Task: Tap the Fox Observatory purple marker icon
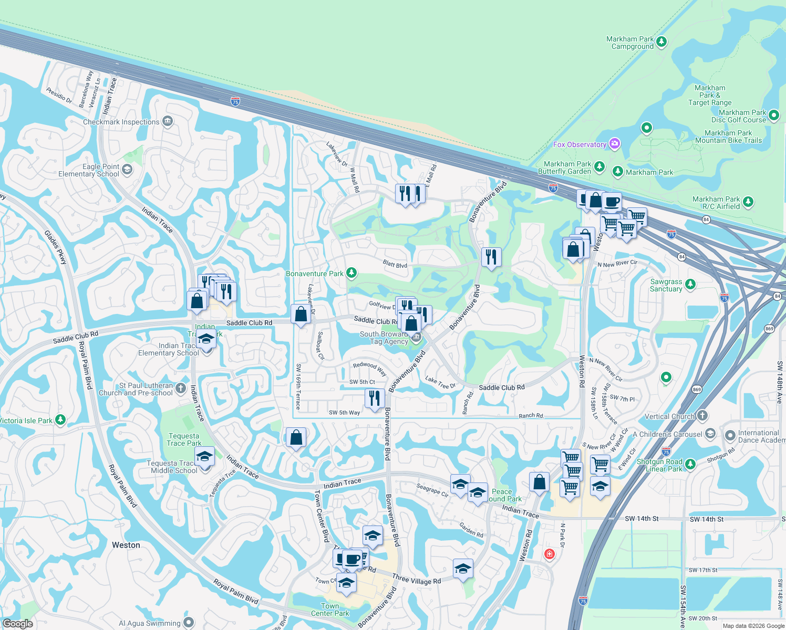coord(615,144)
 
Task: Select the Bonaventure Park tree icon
coord(351,273)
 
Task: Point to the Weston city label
coord(126,545)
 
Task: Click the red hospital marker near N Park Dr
coord(550,554)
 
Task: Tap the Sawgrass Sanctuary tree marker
coord(690,285)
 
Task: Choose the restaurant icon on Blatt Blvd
coord(491,257)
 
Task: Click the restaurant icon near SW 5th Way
coord(374,398)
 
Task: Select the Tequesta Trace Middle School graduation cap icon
coord(204,456)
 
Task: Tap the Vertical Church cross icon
coord(702,416)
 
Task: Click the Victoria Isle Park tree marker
coord(60,419)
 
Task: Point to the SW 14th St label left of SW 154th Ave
coord(642,519)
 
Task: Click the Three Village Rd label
coord(417,579)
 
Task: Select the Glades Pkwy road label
coord(56,247)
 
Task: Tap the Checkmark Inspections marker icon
coord(168,121)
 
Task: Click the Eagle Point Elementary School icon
coord(127,170)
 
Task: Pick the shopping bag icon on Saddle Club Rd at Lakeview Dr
coord(301,314)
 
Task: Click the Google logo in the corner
coord(17,624)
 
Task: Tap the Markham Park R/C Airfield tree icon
coord(748,202)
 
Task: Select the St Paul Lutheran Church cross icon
coord(181,388)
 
